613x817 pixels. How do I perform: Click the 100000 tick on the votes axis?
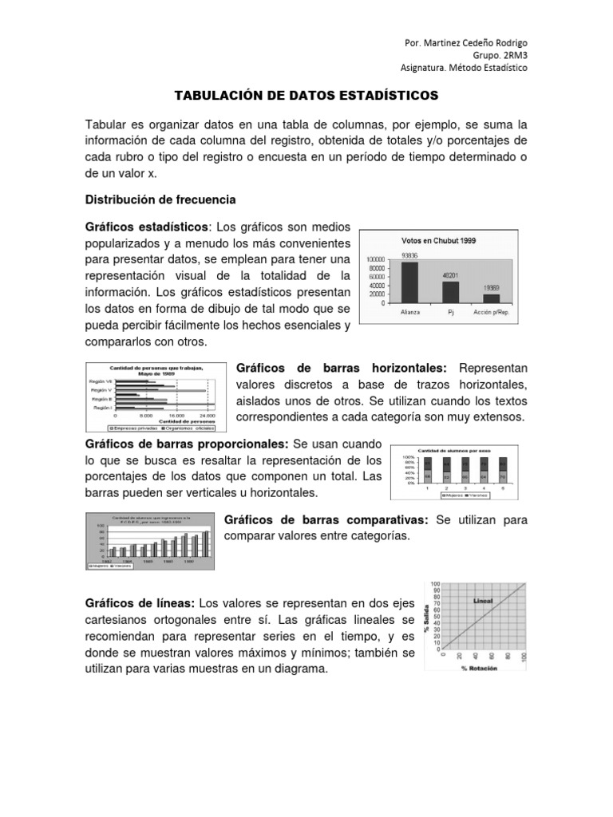[375, 259]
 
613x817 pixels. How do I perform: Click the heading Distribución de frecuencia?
[160, 198]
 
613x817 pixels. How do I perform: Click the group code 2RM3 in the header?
[512, 55]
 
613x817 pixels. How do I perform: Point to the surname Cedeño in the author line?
[474, 41]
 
